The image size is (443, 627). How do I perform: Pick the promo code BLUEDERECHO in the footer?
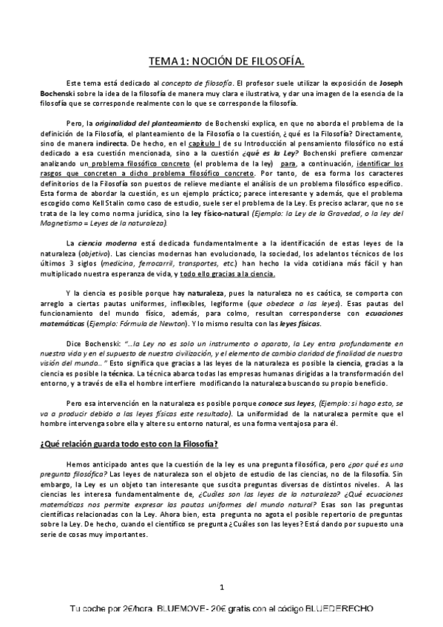pos(339,609)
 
